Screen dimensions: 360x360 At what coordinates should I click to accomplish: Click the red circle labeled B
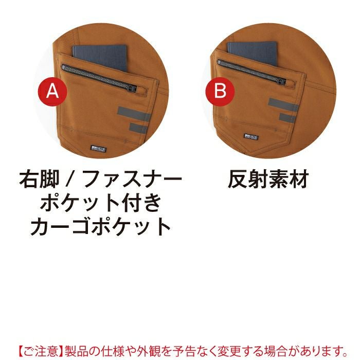(220, 91)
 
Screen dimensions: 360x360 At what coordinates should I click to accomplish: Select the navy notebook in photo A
(100, 58)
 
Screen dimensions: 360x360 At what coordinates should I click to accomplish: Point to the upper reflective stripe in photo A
(134, 114)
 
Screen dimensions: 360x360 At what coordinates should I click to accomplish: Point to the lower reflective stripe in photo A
(138, 128)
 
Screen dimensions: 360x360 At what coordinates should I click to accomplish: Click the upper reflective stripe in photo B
(283, 105)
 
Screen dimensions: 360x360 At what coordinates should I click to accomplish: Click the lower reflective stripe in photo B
(287, 118)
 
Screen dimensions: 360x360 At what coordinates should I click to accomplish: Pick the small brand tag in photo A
(99, 149)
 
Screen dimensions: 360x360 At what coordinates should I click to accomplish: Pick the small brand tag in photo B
(251, 137)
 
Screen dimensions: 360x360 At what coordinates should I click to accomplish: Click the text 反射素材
(268, 179)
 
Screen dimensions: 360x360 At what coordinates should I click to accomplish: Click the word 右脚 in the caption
(39, 179)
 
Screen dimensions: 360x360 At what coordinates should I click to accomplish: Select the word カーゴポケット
(100, 226)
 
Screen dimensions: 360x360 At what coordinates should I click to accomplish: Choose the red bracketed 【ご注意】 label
(41, 350)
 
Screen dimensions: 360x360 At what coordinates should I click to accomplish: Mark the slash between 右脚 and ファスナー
(70, 179)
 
